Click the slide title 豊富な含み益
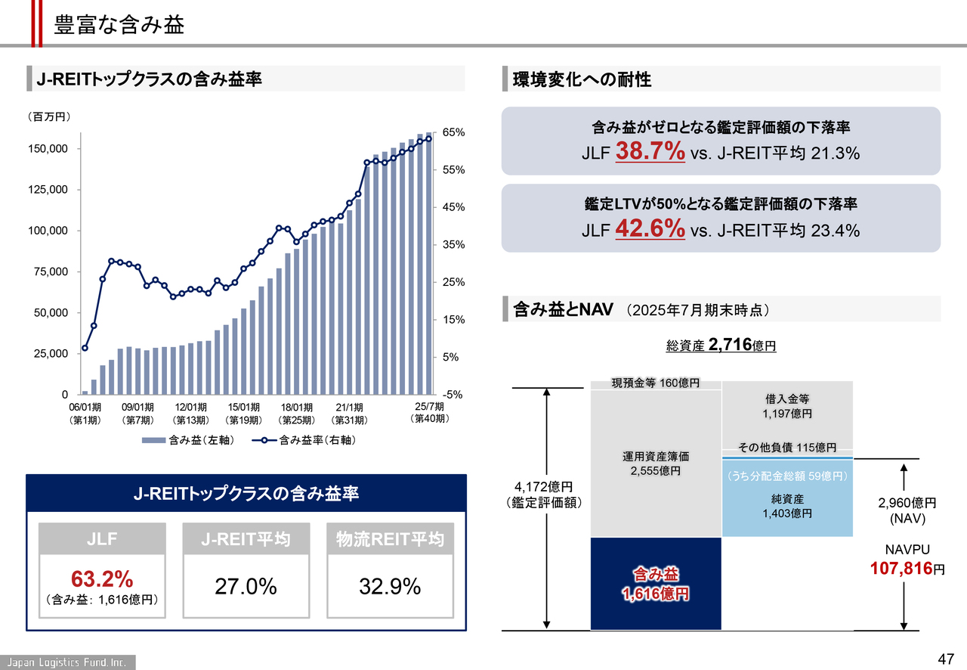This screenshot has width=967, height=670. tap(119, 24)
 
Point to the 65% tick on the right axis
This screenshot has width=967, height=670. tap(453, 132)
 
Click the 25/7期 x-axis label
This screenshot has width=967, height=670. tap(429, 407)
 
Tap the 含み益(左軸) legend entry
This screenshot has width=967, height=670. tap(188, 439)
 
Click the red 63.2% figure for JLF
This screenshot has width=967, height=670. tap(102, 579)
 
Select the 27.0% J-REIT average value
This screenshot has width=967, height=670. tap(246, 587)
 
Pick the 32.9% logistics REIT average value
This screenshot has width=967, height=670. tap(391, 587)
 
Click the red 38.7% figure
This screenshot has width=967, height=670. tap(650, 152)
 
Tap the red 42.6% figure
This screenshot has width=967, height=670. tap(650, 228)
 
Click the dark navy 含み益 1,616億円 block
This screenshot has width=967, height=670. tap(655, 584)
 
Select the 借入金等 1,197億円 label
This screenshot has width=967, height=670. tap(786, 406)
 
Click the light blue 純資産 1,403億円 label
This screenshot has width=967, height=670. tap(786, 506)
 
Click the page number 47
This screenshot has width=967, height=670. tap(946, 656)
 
